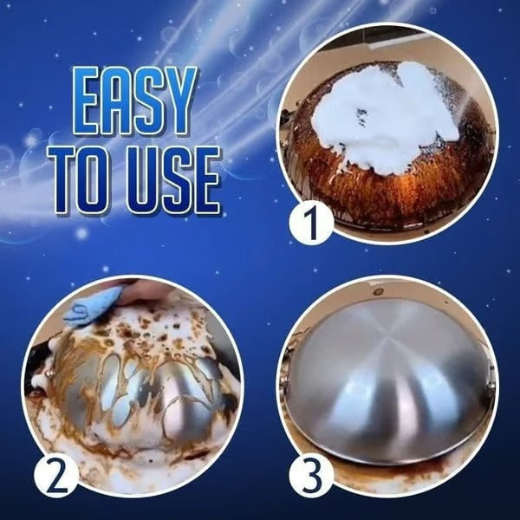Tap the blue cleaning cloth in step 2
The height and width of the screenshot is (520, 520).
91,303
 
